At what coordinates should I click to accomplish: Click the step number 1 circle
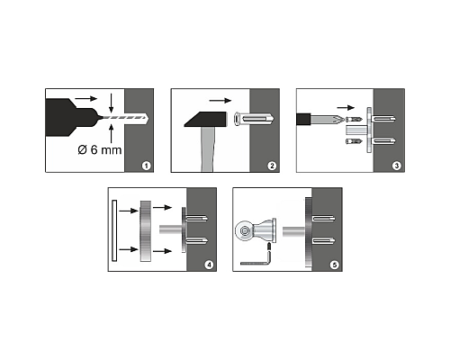pos(146,166)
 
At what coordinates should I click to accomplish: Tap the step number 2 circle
pos(272,166)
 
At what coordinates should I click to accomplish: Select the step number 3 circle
pos(397,166)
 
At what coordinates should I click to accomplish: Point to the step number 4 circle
pos(209,265)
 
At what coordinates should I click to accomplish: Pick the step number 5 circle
pos(334,265)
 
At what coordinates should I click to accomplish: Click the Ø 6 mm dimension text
pos(100,149)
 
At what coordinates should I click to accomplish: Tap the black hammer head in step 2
pos(205,119)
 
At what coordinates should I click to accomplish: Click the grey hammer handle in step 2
pos(207,149)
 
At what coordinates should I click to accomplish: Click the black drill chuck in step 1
pos(72,118)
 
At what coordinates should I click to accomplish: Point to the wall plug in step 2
pos(254,120)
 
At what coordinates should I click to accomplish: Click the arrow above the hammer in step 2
pos(220,101)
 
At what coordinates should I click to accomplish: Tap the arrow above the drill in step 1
pos(86,98)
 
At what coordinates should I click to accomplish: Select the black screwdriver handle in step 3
pos(303,119)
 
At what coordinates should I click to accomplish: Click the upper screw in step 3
pos(354,120)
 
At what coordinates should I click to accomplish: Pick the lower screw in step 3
pos(354,141)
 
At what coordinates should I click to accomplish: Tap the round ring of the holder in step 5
pos(244,230)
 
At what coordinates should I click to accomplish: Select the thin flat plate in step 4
pos(114,230)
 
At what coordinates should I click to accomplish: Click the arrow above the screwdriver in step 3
pos(346,108)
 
